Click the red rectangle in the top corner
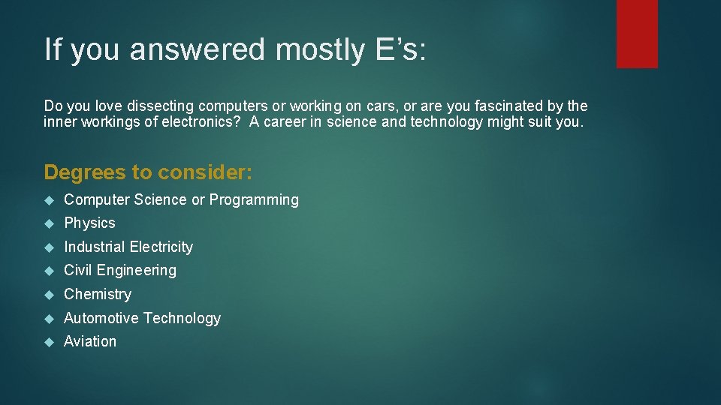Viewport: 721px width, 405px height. pos(637,34)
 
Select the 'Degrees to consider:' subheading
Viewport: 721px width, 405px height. pos(149,172)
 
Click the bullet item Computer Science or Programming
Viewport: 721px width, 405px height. pos(181,199)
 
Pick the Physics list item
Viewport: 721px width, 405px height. pos(89,223)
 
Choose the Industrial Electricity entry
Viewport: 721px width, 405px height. pos(128,247)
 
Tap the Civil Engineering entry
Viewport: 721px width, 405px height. pos(120,270)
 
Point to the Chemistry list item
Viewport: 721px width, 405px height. pos(98,294)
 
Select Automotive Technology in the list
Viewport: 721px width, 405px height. pos(142,318)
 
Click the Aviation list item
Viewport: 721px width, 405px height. pos(90,341)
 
